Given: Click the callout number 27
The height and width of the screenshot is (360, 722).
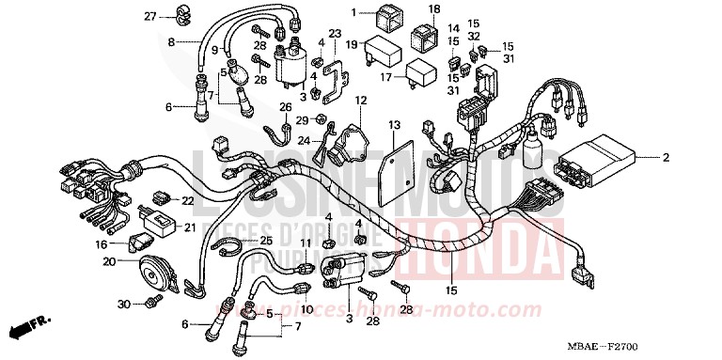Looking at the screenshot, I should click(x=149, y=17).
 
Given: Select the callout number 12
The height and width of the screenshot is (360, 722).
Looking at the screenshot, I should click(x=360, y=99).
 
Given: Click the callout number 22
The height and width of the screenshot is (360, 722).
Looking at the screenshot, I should click(x=187, y=201).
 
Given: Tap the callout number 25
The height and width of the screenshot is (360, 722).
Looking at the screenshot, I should click(x=266, y=242).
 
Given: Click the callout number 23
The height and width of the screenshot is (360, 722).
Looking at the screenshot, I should click(x=308, y=34).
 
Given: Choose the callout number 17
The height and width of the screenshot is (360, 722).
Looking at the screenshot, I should click(x=385, y=79).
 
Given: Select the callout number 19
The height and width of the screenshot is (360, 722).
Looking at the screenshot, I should click(x=351, y=44).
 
